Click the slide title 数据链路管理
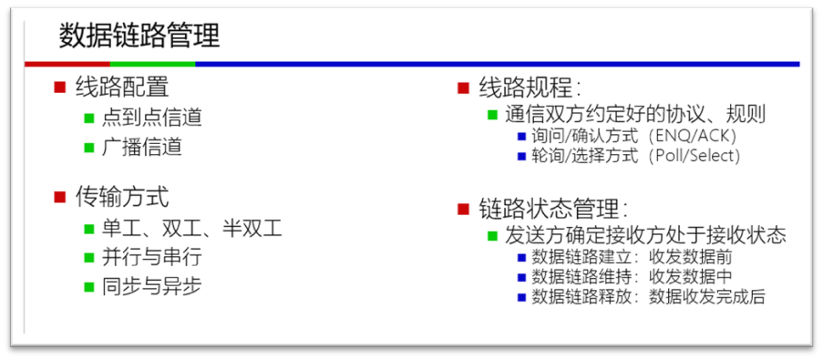[139, 36]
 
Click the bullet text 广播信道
[142, 147]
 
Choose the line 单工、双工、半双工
[192, 228]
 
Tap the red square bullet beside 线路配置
[60, 87]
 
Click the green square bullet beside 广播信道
[89, 147]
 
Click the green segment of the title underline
[152, 64]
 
